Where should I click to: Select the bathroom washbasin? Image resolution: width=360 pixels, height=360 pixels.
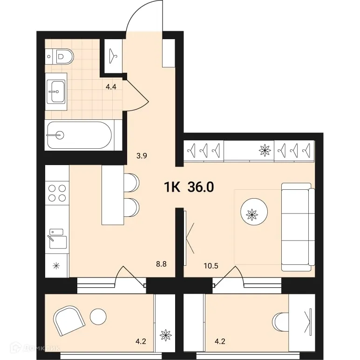(x=57, y=91)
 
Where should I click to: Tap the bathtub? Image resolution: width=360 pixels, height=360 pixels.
(x=78, y=135)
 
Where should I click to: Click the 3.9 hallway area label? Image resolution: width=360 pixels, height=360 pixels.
(x=142, y=157)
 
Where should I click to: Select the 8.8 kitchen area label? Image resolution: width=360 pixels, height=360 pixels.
(x=162, y=263)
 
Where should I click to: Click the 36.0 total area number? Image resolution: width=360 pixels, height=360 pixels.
(x=201, y=187)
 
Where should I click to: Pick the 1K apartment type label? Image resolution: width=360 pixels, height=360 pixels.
(x=172, y=187)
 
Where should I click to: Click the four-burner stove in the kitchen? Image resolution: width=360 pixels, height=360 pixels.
(x=57, y=193)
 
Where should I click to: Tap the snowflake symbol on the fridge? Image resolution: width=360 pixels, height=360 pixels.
(x=57, y=266)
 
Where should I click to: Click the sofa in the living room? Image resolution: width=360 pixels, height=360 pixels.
(x=297, y=227)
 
